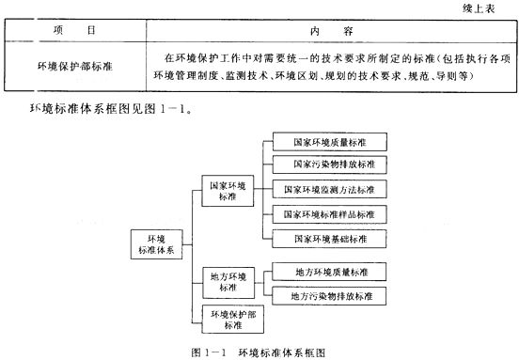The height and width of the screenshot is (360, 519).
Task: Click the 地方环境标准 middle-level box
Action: (x=228, y=281)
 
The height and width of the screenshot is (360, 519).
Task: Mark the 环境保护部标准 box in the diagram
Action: (x=228, y=319)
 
